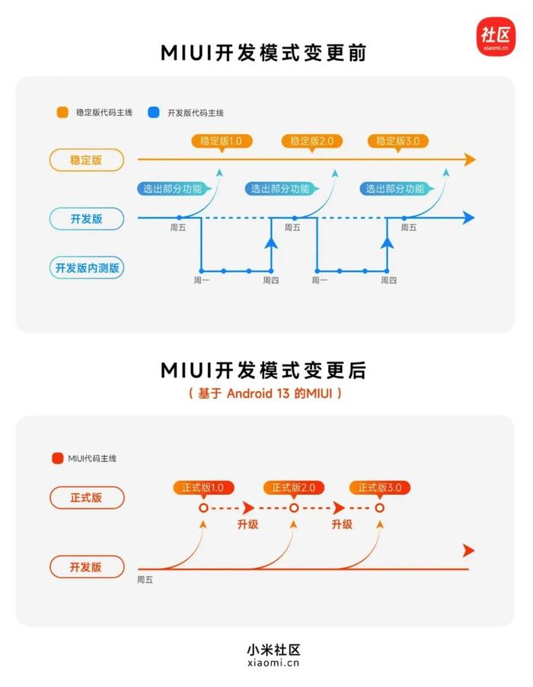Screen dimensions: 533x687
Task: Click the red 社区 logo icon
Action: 496,37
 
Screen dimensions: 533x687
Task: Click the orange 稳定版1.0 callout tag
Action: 222,142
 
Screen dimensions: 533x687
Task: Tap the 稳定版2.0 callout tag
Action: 311,142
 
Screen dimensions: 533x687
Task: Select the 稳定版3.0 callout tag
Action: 397,142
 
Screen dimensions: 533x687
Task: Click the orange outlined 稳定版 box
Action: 86,160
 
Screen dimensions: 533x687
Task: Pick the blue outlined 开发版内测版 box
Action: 87,268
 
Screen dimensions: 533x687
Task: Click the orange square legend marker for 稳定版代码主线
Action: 62,112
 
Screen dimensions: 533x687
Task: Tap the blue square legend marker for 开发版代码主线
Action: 154,112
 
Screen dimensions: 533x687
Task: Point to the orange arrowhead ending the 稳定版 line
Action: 470,159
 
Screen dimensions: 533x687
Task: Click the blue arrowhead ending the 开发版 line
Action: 469,217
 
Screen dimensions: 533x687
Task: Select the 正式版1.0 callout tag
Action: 203,488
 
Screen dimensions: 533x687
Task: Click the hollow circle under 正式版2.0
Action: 294,508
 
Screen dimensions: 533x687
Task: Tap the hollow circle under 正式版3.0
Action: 379,508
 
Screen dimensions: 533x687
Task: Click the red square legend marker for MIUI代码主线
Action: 57,458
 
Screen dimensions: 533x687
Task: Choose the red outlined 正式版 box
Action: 87,498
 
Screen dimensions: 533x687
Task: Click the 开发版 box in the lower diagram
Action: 87,567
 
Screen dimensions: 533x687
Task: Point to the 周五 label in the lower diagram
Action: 145,579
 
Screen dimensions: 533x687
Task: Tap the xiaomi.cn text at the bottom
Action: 273,663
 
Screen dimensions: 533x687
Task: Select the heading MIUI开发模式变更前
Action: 263,53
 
